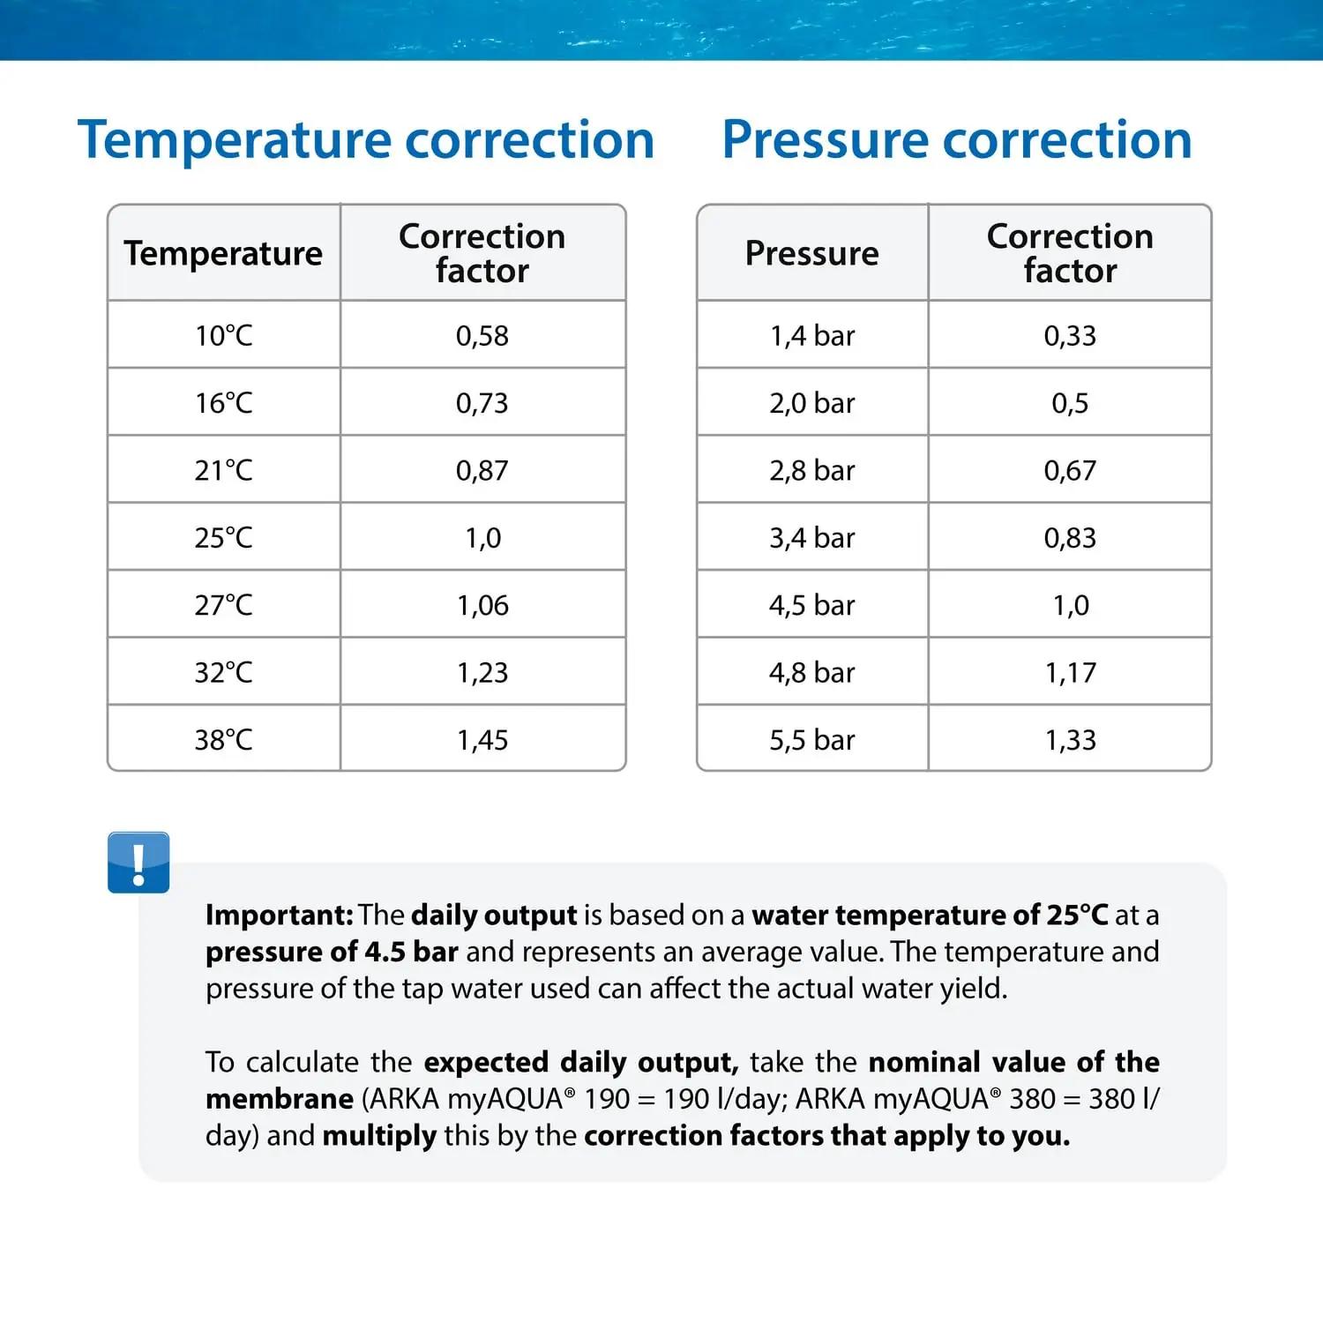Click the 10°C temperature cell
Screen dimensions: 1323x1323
click(x=224, y=335)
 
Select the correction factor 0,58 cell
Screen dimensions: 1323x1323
click(x=482, y=335)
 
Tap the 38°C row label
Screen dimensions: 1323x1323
click(x=224, y=739)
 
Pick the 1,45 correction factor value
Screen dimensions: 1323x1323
click(x=482, y=739)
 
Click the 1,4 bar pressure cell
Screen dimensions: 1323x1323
click(x=812, y=335)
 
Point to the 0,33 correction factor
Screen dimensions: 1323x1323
click(x=1070, y=335)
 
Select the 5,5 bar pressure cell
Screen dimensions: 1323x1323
click(x=812, y=739)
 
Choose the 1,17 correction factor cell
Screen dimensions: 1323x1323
click(x=1071, y=672)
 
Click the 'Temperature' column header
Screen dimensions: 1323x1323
click(x=223, y=253)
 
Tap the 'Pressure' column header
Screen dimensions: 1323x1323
click(x=812, y=253)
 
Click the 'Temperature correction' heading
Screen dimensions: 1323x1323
click(x=366, y=139)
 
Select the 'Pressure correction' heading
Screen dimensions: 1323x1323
click(x=957, y=139)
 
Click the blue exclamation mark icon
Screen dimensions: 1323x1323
click(x=138, y=862)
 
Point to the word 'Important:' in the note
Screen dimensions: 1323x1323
click(x=280, y=915)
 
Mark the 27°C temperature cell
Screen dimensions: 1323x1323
click(x=224, y=605)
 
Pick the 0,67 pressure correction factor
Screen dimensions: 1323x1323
click(x=1070, y=470)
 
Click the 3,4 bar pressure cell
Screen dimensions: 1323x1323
click(x=812, y=537)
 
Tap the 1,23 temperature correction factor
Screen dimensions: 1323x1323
click(x=482, y=672)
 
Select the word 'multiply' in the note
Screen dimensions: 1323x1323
click(x=379, y=1135)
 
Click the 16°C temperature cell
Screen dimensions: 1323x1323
click(x=224, y=403)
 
